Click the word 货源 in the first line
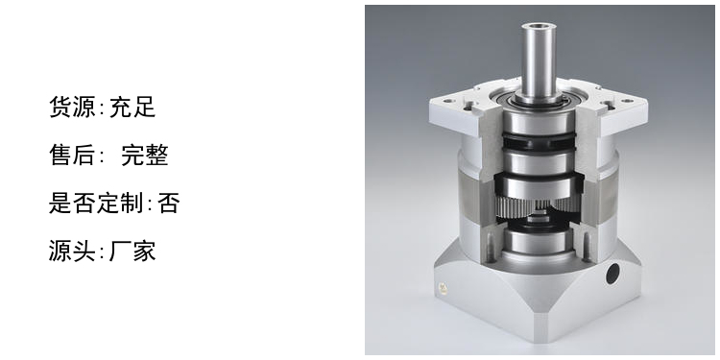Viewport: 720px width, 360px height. [72, 107]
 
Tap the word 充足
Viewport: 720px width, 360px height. [132, 107]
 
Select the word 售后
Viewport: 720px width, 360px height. [72, 155]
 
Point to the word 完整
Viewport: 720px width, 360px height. [145, 155]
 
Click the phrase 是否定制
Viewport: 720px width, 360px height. [96, 203]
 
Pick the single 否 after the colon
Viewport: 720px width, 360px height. [169, 203]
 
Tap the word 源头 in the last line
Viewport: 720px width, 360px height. [72, 251]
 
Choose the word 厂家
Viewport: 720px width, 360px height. [132, 251]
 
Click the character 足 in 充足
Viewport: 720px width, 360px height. [144, 107]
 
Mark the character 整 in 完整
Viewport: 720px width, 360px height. [156, 155]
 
